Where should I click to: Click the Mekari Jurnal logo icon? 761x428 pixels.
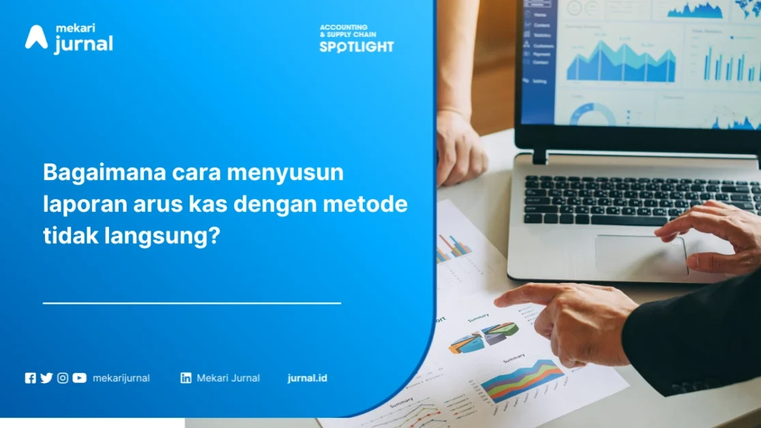pos(36,37)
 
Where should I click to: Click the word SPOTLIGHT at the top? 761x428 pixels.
pos(357,47)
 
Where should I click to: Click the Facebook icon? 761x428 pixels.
pos(30,378)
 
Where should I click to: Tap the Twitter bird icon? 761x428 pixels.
pos(46,378)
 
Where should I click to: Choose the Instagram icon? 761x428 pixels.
pos(63,378)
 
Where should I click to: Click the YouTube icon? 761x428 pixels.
pos(80,378)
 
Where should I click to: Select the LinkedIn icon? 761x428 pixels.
pos(185,378)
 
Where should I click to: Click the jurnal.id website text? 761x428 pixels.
pos(307,378)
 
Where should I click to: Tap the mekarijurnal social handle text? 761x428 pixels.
pos(121,378)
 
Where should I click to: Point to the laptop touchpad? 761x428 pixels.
pos(641,255)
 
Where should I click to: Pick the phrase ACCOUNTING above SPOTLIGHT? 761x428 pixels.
pos(344,28)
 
